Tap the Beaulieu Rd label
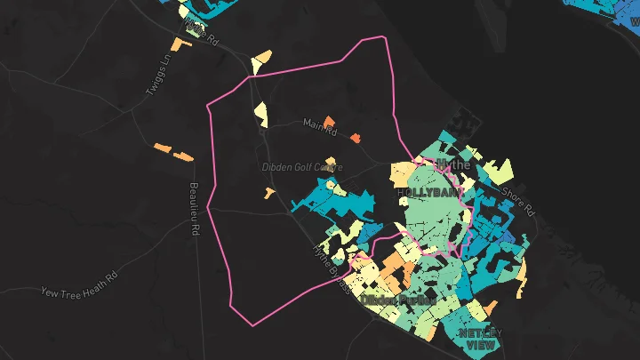point(192,209)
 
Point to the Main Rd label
point(320,128)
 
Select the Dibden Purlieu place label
point(397,300)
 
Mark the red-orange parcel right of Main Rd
point(355,138)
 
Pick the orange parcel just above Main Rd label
point(328,120)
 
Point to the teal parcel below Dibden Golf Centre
point(333,199)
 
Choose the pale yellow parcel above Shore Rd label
point(498,169)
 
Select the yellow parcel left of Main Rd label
point(260,111)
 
